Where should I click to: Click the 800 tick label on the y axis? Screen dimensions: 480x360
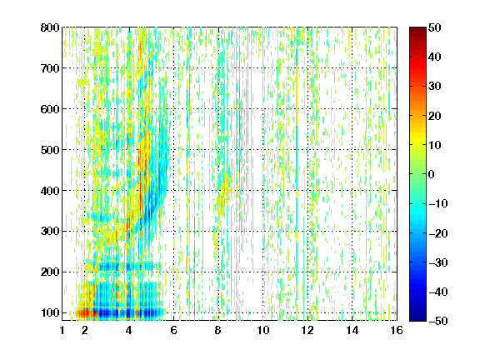(50, 27)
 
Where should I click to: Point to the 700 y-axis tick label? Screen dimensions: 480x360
(50, 68)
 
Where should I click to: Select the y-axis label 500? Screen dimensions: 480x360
(50, 150)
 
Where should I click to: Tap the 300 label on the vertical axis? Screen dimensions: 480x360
(50, 232)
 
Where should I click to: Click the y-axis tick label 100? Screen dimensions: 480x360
(50, 312)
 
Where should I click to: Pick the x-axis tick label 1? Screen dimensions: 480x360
(62, 330)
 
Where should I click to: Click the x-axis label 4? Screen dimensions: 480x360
(129, 330)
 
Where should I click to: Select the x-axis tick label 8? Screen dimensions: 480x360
(218, 330)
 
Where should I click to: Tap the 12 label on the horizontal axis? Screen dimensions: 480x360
(307, 330)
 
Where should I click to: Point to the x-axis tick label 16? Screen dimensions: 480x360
(397, 330)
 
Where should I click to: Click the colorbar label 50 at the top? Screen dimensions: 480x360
(434, 27)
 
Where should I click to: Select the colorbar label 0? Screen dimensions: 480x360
(432, 174)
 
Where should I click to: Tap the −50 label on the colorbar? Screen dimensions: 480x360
(437, 321)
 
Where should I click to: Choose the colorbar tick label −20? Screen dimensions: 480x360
(437, 233)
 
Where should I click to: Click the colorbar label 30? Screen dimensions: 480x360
(434, 87)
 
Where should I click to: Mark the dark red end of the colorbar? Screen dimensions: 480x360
(417, 28)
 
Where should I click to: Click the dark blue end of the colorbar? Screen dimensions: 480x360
(417, 319)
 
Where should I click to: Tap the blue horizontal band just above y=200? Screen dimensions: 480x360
(128, 267)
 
